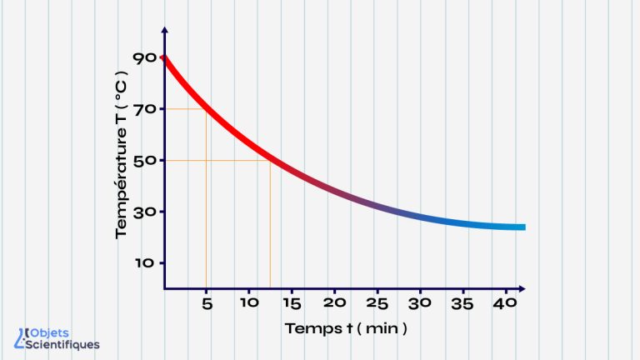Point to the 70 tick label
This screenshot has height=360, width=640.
pos(143,108)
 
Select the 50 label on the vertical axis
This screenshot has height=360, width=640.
pos(143,160)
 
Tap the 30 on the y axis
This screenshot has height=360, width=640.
pos(143,212)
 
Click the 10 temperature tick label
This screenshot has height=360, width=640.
pos(143,263)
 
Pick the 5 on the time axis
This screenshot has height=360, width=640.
pos(207,303)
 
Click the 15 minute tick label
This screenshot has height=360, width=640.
pos(292,303)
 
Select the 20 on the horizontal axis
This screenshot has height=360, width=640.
pos(334,303)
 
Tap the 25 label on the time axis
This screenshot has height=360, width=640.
pos(377,303)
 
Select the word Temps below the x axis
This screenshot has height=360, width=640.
pos(308,328)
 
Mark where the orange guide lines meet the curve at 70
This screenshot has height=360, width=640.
pos(206,109)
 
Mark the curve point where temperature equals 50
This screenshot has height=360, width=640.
pos(270,160)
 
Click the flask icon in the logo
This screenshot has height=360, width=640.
pos(21,337)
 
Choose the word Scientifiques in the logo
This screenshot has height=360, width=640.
pos(63,344)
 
